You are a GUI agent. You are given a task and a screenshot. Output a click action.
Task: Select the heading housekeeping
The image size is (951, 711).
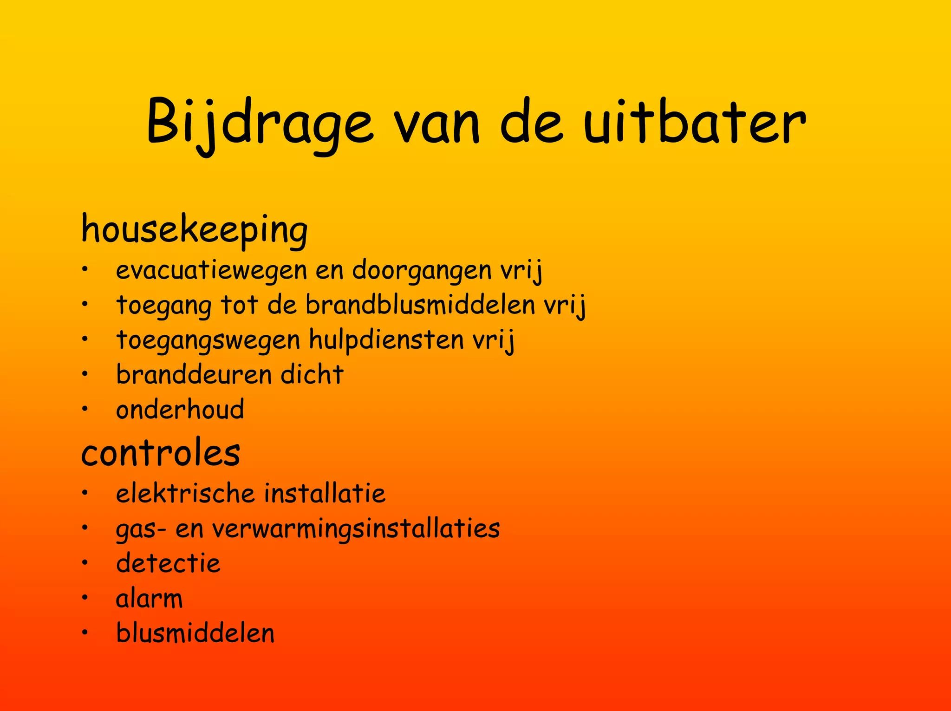(x=194, y=229)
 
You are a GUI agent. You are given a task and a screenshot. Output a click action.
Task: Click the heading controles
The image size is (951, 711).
(x=161, y=452)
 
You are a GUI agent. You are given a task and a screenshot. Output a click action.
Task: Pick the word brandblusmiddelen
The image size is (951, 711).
(x=420, y=305)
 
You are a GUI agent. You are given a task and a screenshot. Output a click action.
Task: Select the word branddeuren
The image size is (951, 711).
(x=194, y=374)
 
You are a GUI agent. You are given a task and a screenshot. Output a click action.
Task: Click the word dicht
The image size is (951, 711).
(x=312, y=374)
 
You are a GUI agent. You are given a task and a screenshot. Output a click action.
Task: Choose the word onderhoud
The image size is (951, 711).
(x=180, y=409)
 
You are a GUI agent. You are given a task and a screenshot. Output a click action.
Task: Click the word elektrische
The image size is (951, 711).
(x=186, y=493)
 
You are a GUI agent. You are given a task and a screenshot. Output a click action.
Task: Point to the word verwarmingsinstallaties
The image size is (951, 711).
(x=356, y=529)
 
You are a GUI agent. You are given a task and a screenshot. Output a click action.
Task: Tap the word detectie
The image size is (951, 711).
(x=168, y=563)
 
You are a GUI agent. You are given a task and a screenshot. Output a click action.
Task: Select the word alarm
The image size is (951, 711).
(x=149, y=599)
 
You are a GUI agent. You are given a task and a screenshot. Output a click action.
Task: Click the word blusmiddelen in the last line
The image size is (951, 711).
(x=195, y=633)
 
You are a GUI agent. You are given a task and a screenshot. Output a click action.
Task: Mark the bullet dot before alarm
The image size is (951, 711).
(x=85, y=598)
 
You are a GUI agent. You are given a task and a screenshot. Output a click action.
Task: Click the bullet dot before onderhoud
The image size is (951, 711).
(x=85, y=409)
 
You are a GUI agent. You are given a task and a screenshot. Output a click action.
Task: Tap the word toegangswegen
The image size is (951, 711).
(x=208, y=340)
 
